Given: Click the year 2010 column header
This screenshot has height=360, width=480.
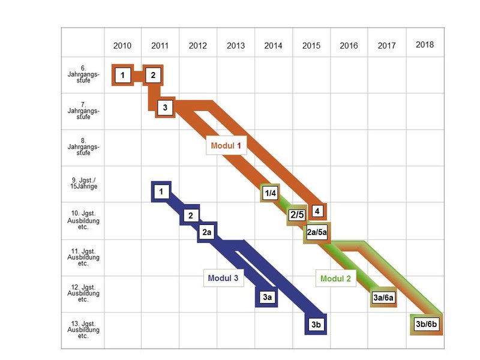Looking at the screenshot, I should tap(122, 46).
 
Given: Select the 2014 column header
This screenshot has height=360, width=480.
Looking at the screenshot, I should tap(273, 46).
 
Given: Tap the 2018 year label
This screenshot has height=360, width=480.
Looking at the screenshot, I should tap(424, 44).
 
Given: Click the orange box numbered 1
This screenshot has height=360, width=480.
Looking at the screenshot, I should tap(122, 75).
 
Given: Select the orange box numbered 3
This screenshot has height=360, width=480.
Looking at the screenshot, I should tap(164, 108).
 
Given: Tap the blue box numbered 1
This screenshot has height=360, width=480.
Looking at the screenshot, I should tap(161, 192).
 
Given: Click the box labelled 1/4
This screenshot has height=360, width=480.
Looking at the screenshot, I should tap(270, 193).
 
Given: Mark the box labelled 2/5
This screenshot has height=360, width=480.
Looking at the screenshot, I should tap(296, 215).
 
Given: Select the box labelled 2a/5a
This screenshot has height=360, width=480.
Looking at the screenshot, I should tap(316, 232).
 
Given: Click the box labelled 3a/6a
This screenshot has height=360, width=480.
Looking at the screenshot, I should tap(383, 297).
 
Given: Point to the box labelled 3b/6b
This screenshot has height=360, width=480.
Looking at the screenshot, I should tap(427, 323).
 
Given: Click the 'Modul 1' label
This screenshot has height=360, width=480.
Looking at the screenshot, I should tap(226, 145).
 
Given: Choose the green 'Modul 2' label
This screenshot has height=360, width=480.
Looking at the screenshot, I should tap(336, 278).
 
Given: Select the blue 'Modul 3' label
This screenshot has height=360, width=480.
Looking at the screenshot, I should tap(223, 278).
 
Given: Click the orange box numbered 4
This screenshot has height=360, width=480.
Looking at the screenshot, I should tap(316, 211).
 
